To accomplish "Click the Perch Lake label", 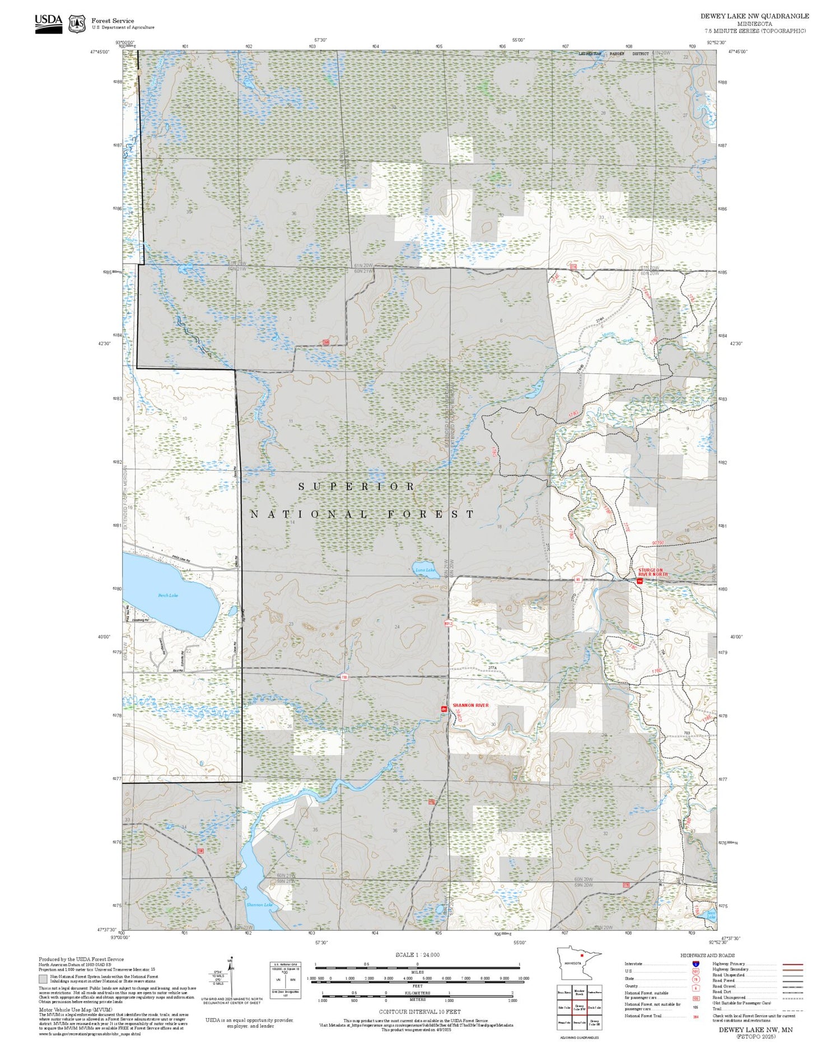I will (x=168, y=595).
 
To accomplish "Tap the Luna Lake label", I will (x=425, y=570).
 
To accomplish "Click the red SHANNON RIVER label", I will (x=470, y=705).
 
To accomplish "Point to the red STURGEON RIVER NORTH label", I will (x=653, y=572).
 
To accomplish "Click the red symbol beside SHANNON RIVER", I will (x=444, y=709).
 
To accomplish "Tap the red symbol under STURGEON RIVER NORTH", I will (x=639, y=581).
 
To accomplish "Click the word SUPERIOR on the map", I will (x=357, y=487).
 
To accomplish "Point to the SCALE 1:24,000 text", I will (x=417, y=955).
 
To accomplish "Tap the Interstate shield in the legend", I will (x=696, y=963).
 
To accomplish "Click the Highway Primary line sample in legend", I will (x=791, y=965).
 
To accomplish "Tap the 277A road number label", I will (x=493, y=668).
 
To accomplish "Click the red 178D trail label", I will (x=657, y=670).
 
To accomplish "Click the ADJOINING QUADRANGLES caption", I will (x=579, y=1037).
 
